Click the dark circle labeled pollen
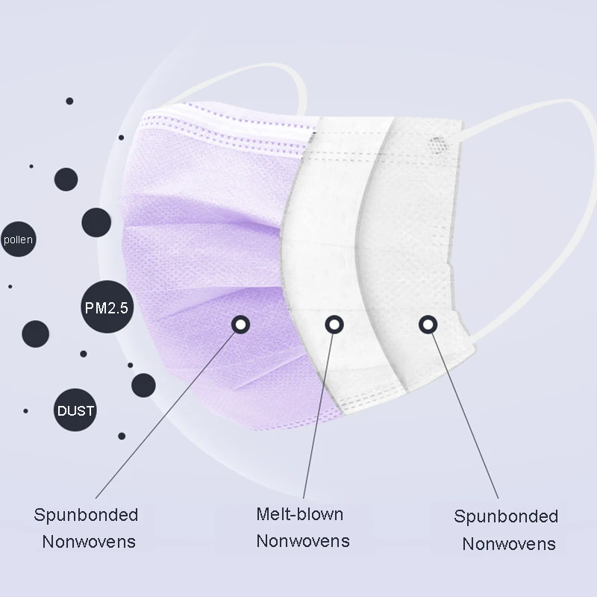click(18, 240)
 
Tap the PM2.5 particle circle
click(106, 307)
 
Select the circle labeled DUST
click(75, 410)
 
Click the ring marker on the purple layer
click(240, 324)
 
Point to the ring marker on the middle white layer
click(333, 324)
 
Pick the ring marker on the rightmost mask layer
click(427, 324)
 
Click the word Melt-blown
click(299, 514)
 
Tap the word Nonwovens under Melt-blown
click(303, 540)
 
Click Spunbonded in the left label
click(86, 514)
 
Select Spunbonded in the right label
click(506, 516)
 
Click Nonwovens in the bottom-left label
click(89, 541)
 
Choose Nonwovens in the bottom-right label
click(509, 543)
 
